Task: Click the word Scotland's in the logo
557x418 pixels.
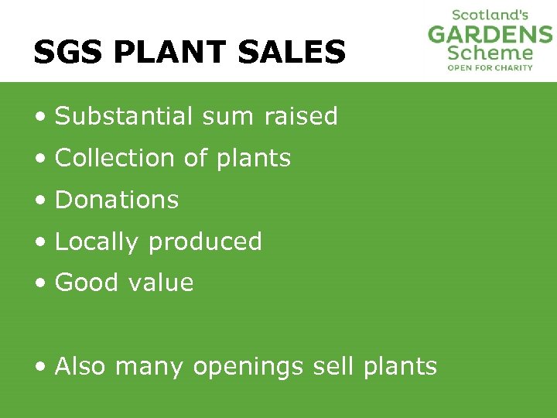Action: (x=490, y=15)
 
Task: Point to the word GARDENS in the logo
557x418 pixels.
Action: (x=490, y=35)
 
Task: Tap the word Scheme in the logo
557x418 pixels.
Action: (x=490, y=53)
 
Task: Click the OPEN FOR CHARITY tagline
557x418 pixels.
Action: (x=490, y=67)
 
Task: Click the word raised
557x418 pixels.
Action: (x=301, y=116)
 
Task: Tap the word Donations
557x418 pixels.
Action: (x=117, y=200)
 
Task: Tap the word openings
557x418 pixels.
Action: (x=248, y=367)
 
